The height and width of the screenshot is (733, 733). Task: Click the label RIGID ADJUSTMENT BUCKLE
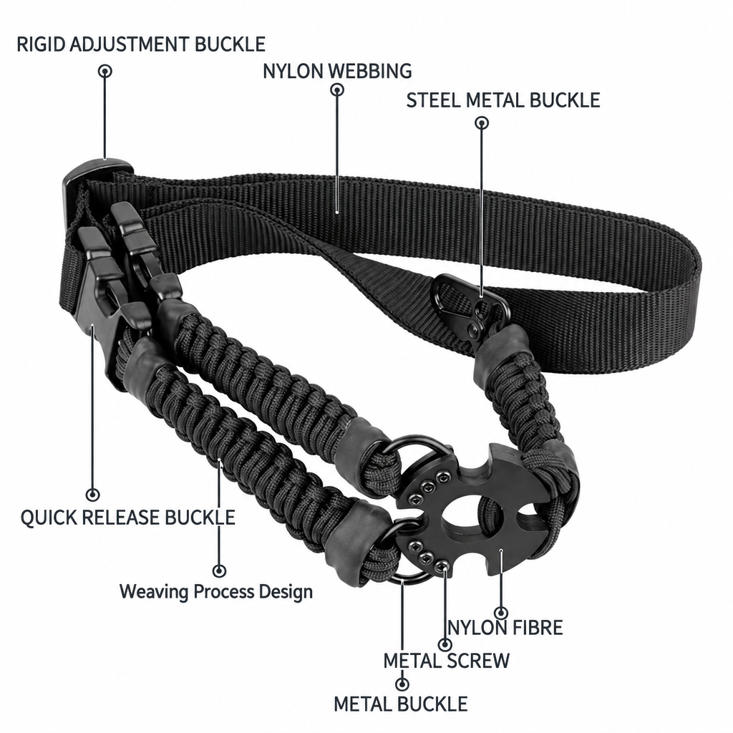pyautogui.click(x=141, y=44)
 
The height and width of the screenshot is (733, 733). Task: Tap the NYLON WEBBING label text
pyautogui.click(x=337, y=71)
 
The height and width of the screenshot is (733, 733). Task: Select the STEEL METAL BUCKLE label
pyautogui.click(x=503, y=100)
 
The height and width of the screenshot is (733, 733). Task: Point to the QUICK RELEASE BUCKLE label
pyautogui.click(x=127, y=518)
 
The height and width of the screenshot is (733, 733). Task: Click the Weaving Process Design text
pyautogui.click(x=216, y=592)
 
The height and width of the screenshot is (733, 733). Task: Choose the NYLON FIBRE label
pyautogui.click(x=505, y=628)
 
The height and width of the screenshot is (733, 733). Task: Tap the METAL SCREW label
pyautogui.click(x=447, y=661)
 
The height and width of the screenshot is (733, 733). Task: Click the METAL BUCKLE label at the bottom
pyautogui.click(x=401, y=704)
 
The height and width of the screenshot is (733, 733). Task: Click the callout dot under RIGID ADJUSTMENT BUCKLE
pyautogui.click(x=105, y=72)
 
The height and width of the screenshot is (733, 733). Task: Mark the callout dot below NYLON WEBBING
pyautogui.click(x=337, y=89)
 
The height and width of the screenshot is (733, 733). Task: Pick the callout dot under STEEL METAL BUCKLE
pyautogui.click(x=482, y=123)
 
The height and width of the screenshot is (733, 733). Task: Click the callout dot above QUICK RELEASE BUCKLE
pyautogui.click(x=93, y=495)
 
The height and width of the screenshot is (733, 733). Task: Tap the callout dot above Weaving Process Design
pyautogui.click(x=219, y=571)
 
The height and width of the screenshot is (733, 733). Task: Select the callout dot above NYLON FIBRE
pyautogui.click(x=501, y=613)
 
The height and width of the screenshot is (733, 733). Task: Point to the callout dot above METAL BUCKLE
pyautogui.click(x=402, y=684)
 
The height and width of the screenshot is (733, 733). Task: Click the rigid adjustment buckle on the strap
pyautogui.click(x=96, y=175)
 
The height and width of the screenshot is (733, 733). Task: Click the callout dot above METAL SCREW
pyautogui.click(x=445, y=645)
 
